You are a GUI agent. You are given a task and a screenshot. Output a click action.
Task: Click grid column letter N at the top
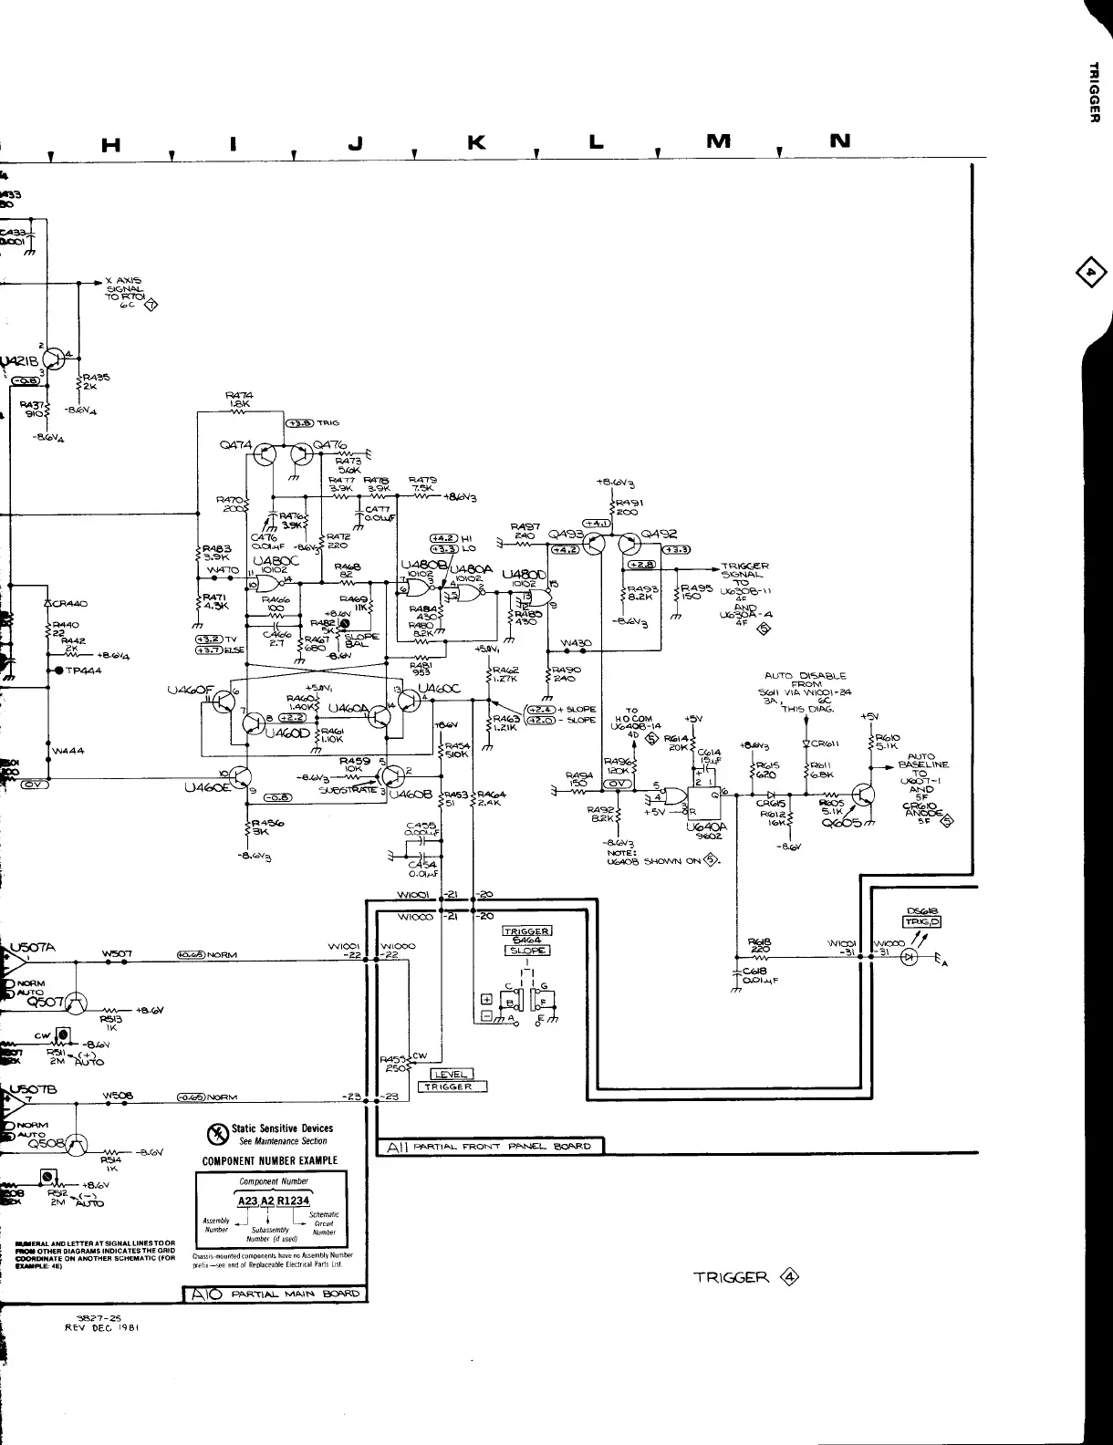(840, 140)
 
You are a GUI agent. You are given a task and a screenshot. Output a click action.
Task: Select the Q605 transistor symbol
(861, 795)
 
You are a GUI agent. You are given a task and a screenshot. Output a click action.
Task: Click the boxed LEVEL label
(451, 1074)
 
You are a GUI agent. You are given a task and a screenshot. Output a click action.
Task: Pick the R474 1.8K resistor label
(239, 400)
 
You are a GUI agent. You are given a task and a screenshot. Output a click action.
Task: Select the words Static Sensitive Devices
(282, 1128)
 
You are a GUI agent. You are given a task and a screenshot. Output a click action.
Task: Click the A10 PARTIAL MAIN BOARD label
(275, 1293)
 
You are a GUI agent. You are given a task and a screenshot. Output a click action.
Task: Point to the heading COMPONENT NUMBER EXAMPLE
(270, 1161)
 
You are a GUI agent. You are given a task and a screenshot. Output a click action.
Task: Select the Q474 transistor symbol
(263, 454)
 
